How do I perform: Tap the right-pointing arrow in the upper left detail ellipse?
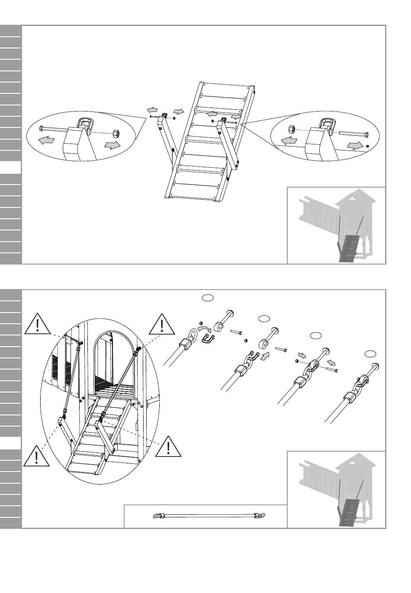click(112, 145)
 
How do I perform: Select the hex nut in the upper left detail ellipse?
click(116, 131)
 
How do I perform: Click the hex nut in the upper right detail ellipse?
click(292, 128)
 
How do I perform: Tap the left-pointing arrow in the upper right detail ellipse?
click(289, 140)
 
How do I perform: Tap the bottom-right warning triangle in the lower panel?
click(168, 446)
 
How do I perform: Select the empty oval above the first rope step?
click(207, 297)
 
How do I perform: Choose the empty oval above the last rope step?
click(370, 354)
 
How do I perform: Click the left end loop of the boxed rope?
click(157, 515)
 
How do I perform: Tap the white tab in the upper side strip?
click(11, 167)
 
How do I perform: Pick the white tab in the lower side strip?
click(11, 443)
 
